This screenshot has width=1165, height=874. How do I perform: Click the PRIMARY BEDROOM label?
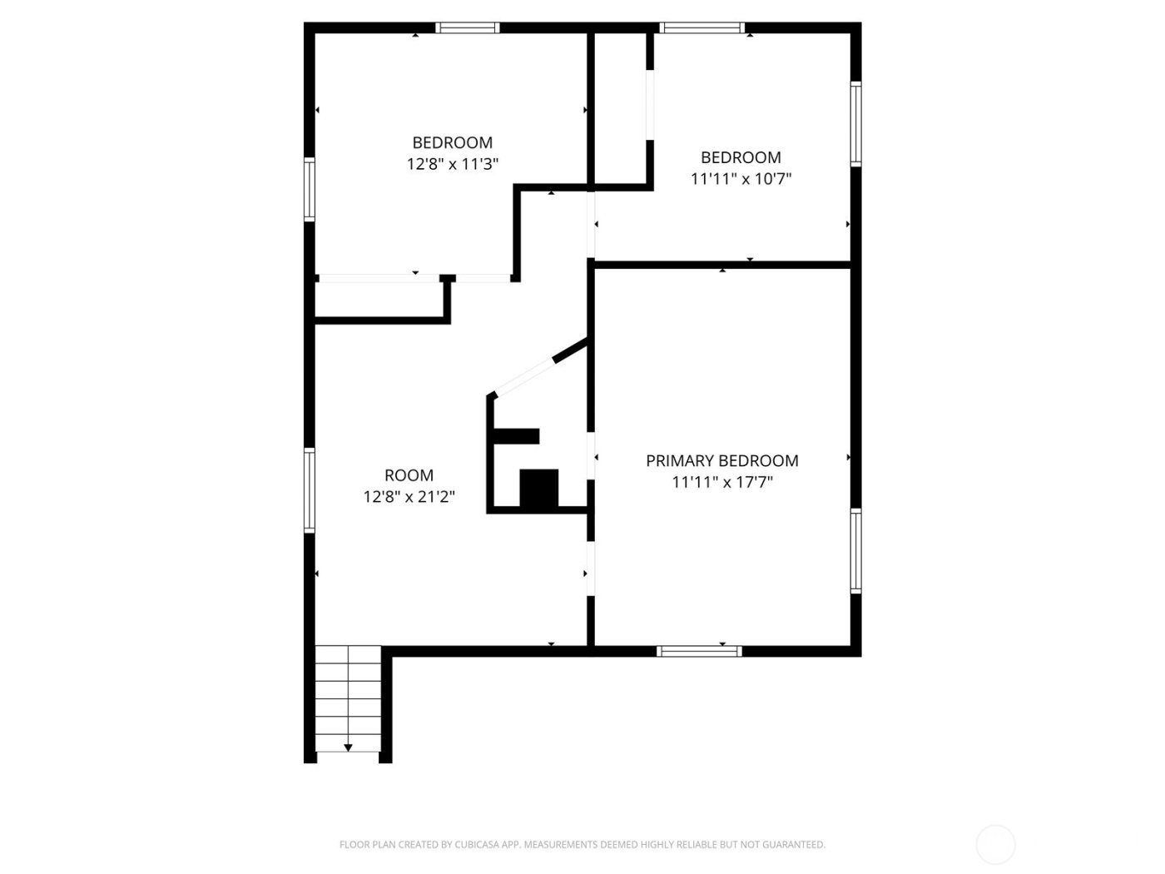722,460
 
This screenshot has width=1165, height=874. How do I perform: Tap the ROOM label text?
409,475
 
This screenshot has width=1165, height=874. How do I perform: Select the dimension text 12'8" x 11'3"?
453,164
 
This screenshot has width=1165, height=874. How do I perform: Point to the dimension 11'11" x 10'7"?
741,178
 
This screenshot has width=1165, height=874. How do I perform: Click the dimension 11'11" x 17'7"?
722,482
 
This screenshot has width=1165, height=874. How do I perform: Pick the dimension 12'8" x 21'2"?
409,497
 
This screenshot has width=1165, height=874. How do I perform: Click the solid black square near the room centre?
538,489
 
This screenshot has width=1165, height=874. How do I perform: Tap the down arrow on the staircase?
349,747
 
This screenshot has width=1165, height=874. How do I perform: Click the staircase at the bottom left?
348,699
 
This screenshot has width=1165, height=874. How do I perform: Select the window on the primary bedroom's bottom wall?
699,651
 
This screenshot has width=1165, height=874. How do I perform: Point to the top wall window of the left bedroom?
468,27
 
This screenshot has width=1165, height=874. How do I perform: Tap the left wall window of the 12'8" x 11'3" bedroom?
310,190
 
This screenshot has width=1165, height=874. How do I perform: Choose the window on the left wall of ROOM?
310,489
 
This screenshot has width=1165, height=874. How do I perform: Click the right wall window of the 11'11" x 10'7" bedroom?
855,123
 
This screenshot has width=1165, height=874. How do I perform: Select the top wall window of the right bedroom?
701,27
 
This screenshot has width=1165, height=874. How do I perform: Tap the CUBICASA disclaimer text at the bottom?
582,845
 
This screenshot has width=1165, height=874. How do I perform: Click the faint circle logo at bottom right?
995,844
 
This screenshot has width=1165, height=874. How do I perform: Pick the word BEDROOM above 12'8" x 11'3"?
453,142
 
